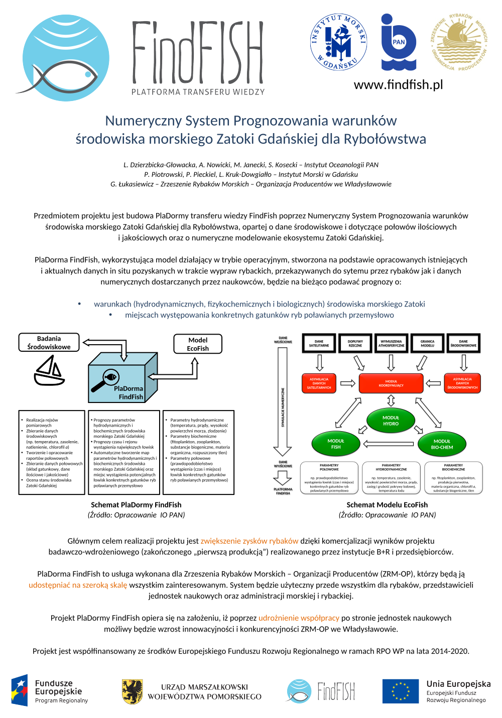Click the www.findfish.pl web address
pyautogui.click(x=398, y=84)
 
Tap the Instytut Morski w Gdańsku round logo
pyautogui.click(x=338, y=42)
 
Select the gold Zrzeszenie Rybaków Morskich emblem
pyautogui.click(x=459, y=42)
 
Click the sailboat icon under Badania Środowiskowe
pyautogui.click(x=49, y=371)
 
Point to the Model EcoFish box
pyautogui.click(x=198, y=344)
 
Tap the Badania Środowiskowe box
pyautogui.click(x=49, y=343)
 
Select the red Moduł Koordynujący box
pyautogui.click(x=391, y=383)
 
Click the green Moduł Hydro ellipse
pyautogui.click(x=391, y=421)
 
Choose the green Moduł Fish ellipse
pyautogui.click(x=336, y=444)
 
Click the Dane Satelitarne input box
pyautogui.click(x=319, y=343)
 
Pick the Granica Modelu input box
pyautogui.click(x=427, y=343)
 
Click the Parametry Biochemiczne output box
pyautogui.click(x=453, y=478)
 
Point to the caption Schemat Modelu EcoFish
pyautogui.click(x=387, y=504)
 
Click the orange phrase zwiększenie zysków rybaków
pyautogui.click(x=249, y=541)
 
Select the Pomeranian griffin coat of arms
pyautogui.click(x=133, y=691)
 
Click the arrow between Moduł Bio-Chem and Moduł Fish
pyautogui.click(x=388, y=444)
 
